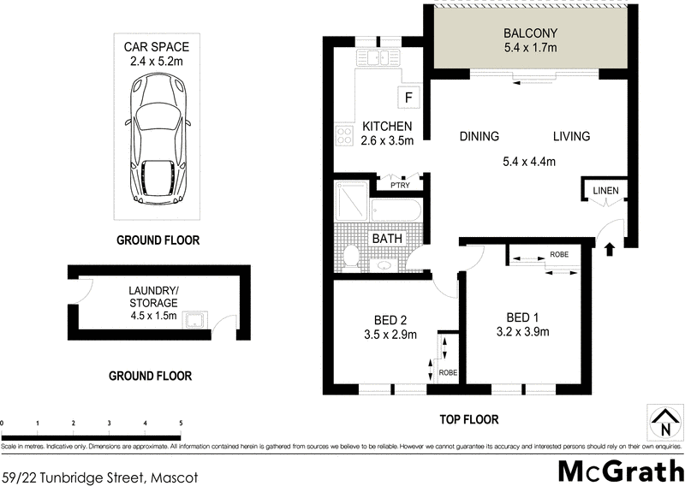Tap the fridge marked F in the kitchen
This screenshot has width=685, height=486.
[408, 97]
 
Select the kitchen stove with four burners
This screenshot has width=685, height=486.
[346, 135]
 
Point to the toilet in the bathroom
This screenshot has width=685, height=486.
[352, 255]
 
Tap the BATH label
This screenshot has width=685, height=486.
[388, 238]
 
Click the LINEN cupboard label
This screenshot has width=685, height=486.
[605, 189]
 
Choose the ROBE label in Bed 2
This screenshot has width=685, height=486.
[447, 373]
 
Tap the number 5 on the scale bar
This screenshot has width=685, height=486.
[180, 424]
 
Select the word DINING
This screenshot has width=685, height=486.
[479, 137]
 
